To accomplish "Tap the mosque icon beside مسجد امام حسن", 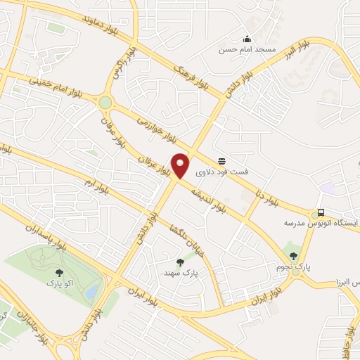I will tap(246, 39).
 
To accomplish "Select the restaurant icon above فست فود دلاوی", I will tap(221, 161).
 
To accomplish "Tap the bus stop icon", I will tap(321, 212).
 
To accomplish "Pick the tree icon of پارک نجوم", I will tap(293, 256).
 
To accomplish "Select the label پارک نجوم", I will tap(293, 267).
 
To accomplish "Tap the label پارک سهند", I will tap(179, 272).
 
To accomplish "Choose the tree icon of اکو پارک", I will tap(58, 273).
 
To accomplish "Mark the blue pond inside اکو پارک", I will tap(91, 291).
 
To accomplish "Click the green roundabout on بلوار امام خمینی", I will tap(105, 103).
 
